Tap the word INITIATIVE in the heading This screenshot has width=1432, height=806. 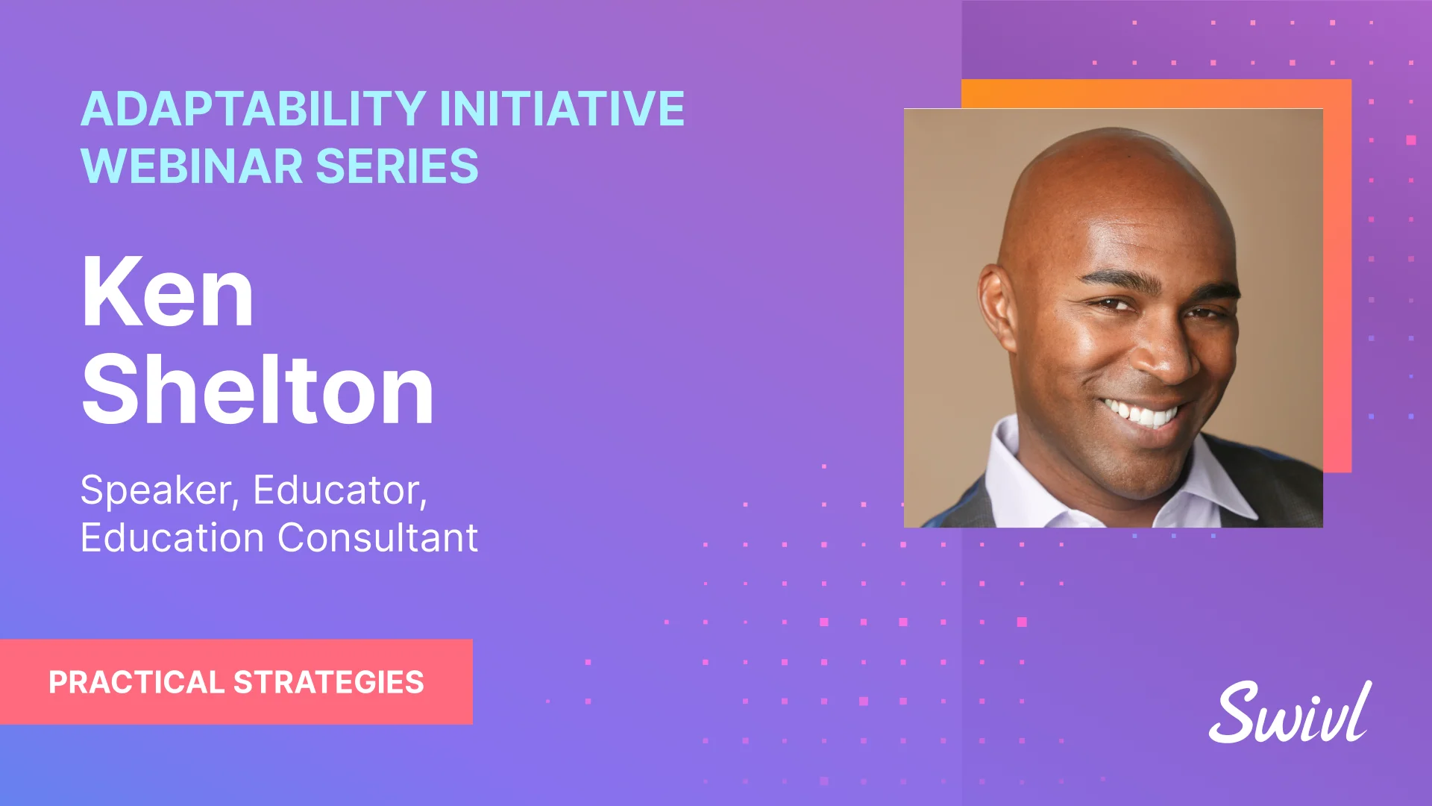click(562, 109)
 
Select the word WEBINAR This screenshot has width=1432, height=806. click(192, 166)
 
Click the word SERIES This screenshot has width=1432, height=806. click(397, 166)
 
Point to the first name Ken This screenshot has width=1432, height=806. click(168, 293)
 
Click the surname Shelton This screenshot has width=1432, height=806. click(257, 390)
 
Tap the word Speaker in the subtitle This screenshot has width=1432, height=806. click(159, 491)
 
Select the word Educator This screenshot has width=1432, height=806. click(339, 491)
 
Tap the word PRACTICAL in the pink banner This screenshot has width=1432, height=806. click(136, 683)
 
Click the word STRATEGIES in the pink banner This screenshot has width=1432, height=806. click(329, 683)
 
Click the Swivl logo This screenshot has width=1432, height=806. click(1290, 713)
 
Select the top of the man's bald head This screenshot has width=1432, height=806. click(1111, 149)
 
